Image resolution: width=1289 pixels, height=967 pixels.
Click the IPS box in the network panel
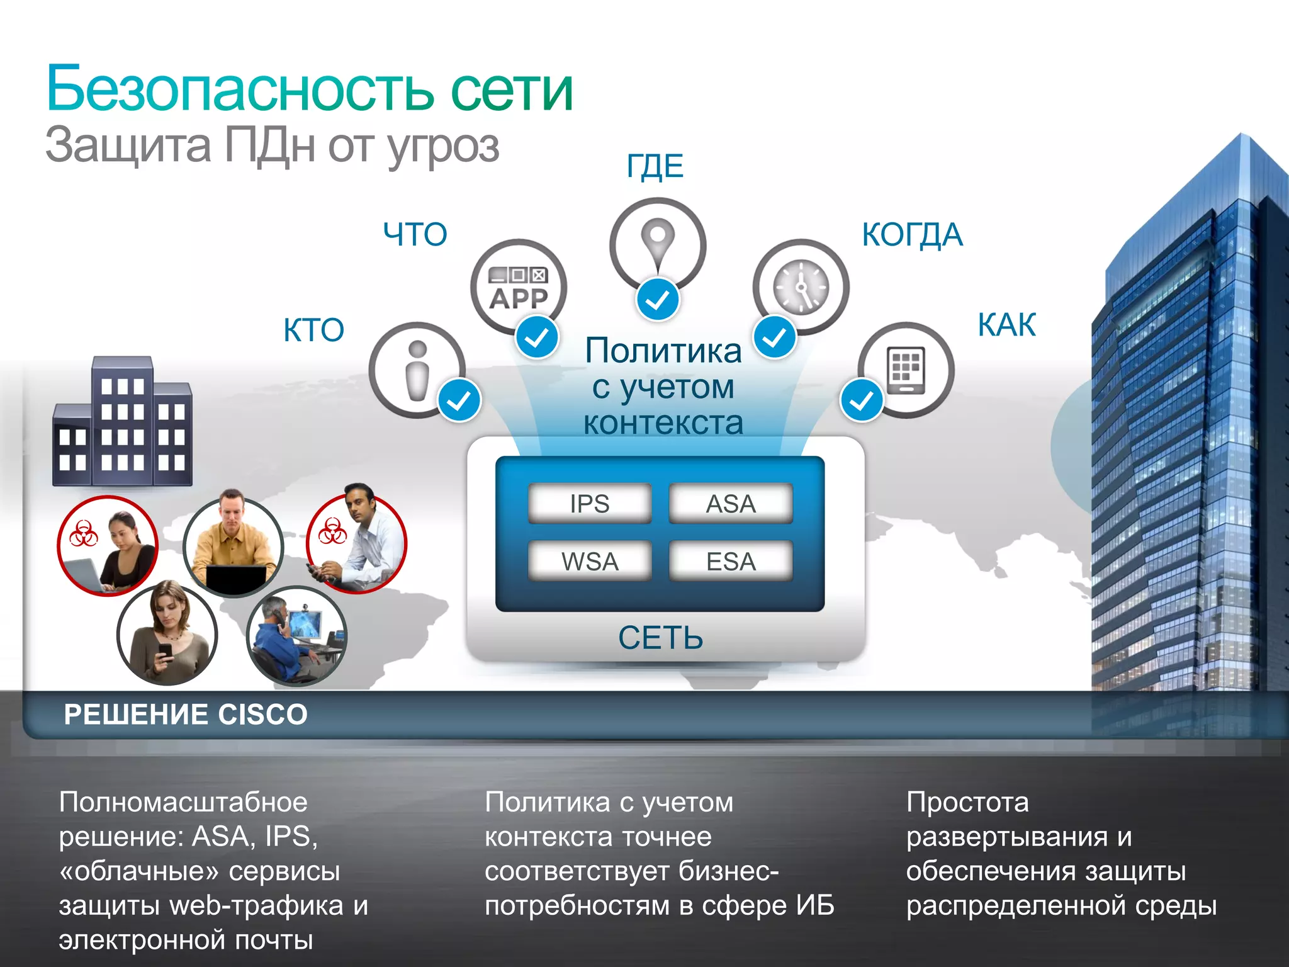pyautogui.click(x=590, y=504)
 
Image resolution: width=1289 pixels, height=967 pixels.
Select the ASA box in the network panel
pyautogui.click(x=730, y=504)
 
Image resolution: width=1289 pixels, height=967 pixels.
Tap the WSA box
pyautogui.click(x=590, y=561)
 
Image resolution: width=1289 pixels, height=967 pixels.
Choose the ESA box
pyautogui.click(x=730, y=561)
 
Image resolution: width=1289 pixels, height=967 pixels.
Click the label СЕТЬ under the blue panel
pyautogui.click(x=660, y=638)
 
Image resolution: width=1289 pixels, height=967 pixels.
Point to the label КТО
pyautogui.click(x=313, y=330)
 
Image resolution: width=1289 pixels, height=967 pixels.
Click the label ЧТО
pyautogui.click(x=415, y=234)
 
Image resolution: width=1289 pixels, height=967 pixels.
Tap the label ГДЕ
pyautogui.click(x=655, y=166)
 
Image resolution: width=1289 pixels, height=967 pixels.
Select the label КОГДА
pyautogui.click(x=912, y=234)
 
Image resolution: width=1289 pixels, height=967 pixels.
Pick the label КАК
pyautogui.click(x=1006, y=325)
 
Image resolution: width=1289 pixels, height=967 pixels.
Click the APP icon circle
pyautogui.click(x=518, y=287)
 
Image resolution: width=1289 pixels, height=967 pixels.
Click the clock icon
pyautogui.click(x=801, y=287)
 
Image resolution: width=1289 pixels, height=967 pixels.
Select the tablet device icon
pyautogui.click(x=906, y=370)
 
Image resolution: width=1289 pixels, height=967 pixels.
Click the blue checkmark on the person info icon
pyautogui.click(x=459, y=400)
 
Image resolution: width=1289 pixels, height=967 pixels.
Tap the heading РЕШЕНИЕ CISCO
pyautogui.click(x=186, y=715)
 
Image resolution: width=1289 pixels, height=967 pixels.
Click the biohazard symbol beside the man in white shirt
pyautogui.click(x=332, y=531)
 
